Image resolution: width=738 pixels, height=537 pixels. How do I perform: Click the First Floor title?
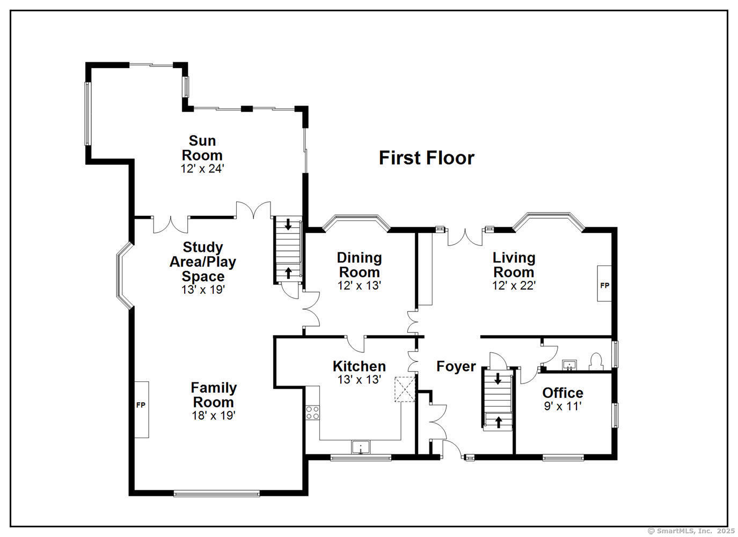pyautogui.click(x=426, y=158)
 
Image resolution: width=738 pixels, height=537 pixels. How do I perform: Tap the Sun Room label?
pyautogui.click(x=202, y=148)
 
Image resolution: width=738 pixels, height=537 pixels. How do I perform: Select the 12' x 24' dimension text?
pyautogui.click(x=202, y=169)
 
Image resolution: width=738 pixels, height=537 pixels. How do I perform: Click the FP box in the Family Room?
pyautogui.click(x=141, y=409)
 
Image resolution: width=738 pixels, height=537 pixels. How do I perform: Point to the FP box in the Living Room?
pyautogui.click(x=604, y=284)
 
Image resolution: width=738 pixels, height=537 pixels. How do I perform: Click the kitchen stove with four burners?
pyautogui.click(x=313, y=413)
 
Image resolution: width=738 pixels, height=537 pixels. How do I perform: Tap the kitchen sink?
pyautogui.click(x=361, y=447)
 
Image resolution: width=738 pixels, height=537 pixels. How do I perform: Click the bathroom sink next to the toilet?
pyautogui.click(x=569, y=365)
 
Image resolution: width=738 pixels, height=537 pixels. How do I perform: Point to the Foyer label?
pyautogui.click(x=456, y=366)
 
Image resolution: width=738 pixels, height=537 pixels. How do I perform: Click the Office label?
pyautogui.click(x=562, y=393)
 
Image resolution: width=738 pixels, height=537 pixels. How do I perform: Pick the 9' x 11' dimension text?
pyautogui.click(x=562, y=407)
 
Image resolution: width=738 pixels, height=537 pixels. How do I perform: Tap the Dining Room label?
pyautogui.click(x=360, y=265)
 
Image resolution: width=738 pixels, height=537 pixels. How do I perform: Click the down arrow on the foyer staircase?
pyautogui.click(x=498, y=379)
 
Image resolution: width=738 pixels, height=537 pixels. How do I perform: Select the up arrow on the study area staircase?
pyautogui.click(x=288, y=273)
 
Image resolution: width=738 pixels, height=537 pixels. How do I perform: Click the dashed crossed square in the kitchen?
pyautogui.click(x=405, y=389)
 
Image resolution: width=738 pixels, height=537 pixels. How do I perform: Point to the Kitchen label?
pyautogui.click(x=359, y=366)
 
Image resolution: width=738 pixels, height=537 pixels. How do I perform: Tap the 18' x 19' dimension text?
pyautogui.click(x=214, y=415)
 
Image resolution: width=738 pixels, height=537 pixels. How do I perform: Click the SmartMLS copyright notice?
pyautogui.click(x=691, y=531)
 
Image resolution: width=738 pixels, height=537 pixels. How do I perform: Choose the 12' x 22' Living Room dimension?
pyautogui.click(x=514, y=286)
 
